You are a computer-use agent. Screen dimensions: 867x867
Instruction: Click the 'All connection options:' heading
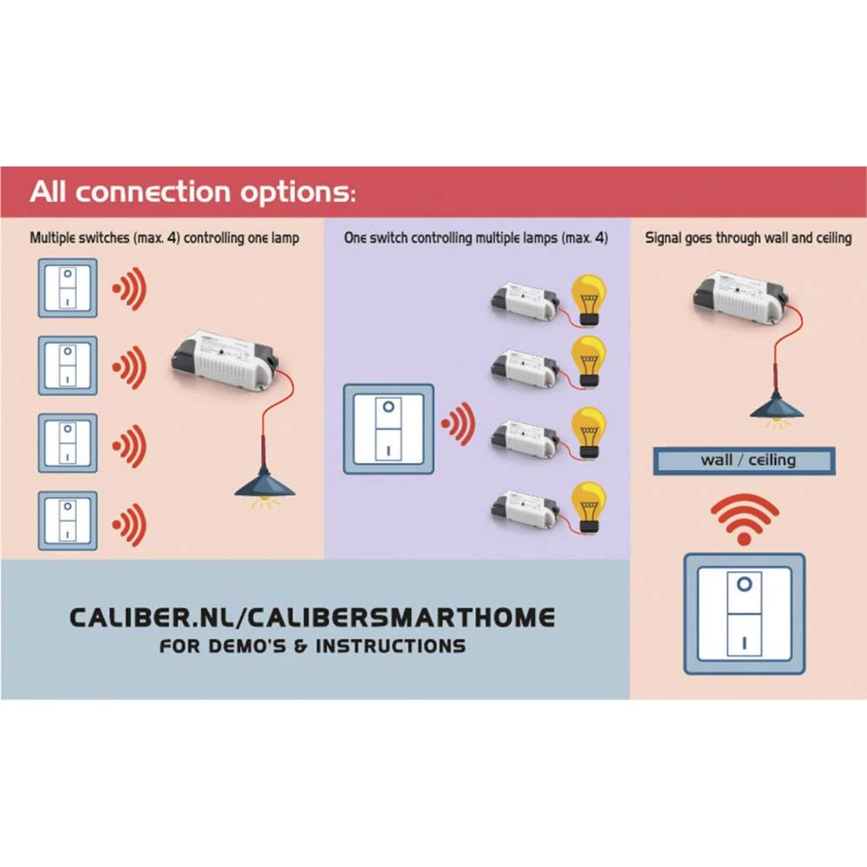tap(192, 192)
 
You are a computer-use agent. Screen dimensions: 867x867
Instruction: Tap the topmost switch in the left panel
tap(68, 289)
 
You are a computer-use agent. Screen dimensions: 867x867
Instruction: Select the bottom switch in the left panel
tap(68, 520)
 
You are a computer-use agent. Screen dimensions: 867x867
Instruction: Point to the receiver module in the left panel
tap(224, 357)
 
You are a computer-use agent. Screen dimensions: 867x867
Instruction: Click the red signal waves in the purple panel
tap(459, 426)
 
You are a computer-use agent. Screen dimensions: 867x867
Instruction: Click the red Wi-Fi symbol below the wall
tap(744, 518)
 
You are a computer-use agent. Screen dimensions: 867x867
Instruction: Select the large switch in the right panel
tap(744, 614)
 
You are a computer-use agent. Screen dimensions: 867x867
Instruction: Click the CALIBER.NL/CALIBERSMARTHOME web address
tap(312, 617)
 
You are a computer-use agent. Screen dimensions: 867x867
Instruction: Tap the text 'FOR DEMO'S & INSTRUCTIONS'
tap(312, 647)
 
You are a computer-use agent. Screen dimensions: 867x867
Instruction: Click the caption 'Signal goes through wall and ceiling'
tap(748, 238)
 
